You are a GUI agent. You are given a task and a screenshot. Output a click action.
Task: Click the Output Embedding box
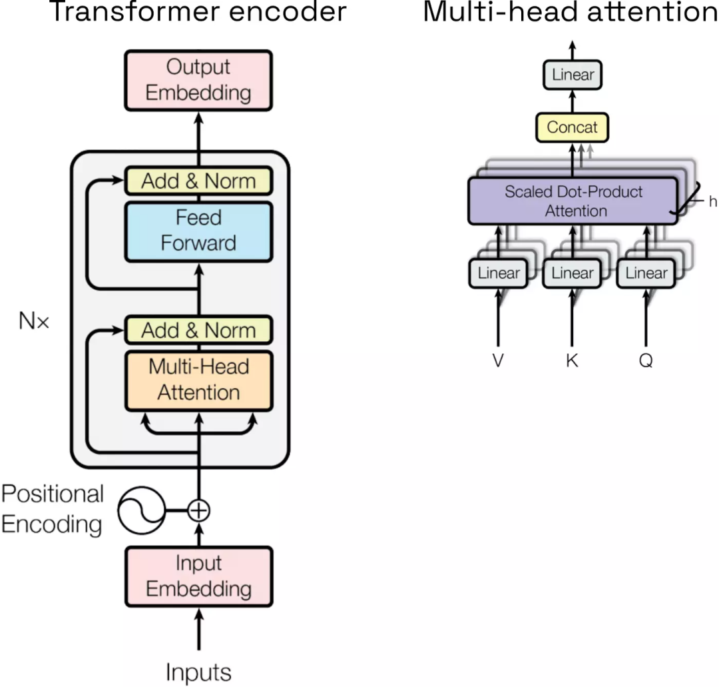[x=198, y=80]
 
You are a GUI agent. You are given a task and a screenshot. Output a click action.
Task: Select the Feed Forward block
[x=198, y=231]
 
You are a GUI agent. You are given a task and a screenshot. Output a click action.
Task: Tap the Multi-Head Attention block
[x=198, y=380]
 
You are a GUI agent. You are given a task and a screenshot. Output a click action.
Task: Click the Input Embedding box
[x=198, y=576]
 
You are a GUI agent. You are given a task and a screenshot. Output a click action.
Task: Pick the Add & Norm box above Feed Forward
[x=198, y=181]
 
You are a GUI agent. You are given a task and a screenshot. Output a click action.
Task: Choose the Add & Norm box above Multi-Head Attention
[x=198, y=330]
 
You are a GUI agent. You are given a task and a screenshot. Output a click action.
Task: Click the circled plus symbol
[x=198, y=510]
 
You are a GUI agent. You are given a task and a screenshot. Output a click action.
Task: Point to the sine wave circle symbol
[x=140, y=510]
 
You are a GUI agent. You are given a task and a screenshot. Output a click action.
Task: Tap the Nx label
[x=34, y=323]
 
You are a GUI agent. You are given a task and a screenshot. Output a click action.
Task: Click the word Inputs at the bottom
[x=198, y=672]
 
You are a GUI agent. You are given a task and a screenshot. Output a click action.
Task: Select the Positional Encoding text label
[x=52, y=510]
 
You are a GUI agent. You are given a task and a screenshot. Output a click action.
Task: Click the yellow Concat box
[x=572, y=127]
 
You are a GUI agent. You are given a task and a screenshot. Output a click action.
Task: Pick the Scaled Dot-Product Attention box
[x=574, y=201]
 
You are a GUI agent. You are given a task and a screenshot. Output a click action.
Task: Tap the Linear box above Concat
[x=573, y=75]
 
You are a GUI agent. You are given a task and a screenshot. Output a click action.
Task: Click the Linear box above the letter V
[x=498, y=273]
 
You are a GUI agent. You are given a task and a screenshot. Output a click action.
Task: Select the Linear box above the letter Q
[x=646, y=273]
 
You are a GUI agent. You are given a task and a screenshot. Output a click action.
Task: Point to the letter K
[x=572, y=360]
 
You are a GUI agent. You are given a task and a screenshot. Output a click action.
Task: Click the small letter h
[x=712, y=202]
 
